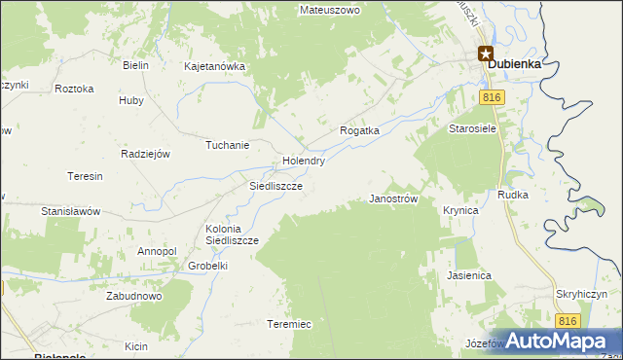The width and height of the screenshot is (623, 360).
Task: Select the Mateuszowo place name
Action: (330, 10)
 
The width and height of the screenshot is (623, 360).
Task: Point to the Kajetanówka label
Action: (214, 67)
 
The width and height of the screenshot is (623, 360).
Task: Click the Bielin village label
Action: (134, 65)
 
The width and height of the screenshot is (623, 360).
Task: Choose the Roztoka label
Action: (75, 89)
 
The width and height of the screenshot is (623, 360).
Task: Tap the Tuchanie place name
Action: (227, 145)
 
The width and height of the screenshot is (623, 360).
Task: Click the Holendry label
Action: (303, 161)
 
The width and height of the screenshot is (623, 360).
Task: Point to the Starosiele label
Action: (472, 128)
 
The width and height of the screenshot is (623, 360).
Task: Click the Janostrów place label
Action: (393, 198)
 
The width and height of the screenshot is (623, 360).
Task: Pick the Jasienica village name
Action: (469, 275)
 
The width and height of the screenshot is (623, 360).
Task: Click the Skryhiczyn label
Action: (582, 294)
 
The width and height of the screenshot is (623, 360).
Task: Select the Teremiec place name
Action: (289, 324)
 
